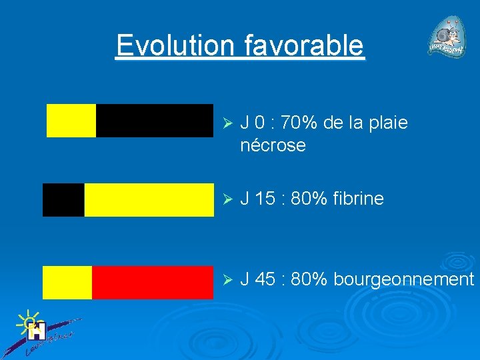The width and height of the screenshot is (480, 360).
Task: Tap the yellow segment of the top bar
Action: [71, 121]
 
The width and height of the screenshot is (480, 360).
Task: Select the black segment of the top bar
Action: [154, 121]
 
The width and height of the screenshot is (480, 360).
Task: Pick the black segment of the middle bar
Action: [63, 200]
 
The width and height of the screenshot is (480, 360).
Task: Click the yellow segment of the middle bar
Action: [149, 200]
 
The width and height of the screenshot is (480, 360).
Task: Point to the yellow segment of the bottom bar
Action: [67, 282]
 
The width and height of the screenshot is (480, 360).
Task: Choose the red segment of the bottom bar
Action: [152, 282]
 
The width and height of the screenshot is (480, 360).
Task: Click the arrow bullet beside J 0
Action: [226, 124]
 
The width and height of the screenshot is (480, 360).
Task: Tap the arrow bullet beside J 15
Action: [226, 199]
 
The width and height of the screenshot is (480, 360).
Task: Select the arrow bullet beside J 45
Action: [226, 280]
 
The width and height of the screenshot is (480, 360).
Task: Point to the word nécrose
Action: [273, 145]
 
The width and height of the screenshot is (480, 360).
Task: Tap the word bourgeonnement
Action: [403, 279]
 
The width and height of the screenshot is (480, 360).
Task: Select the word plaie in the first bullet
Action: [389, 123]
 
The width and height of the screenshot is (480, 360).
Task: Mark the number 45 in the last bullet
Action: [265, 279]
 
